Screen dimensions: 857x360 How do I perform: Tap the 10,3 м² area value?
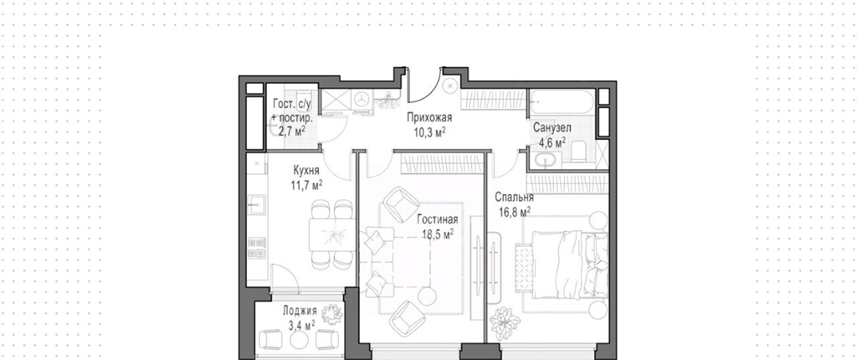429,131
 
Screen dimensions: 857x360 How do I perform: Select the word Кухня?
306,172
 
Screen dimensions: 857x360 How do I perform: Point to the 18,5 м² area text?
437,234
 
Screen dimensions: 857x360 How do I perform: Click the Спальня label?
515,198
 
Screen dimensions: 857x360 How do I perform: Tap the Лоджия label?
299,311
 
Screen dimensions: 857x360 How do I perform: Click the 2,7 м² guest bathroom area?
292,131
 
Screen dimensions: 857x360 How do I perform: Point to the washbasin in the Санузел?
546,159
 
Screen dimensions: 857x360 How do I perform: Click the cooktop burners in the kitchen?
256,248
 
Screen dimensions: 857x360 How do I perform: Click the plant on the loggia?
331,314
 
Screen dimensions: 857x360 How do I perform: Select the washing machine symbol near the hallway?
362,100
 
